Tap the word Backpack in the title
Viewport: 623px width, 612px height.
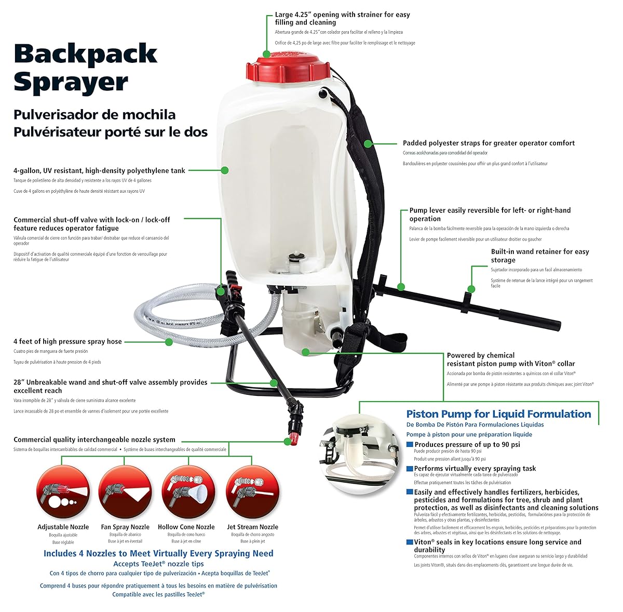(x=86, y=54)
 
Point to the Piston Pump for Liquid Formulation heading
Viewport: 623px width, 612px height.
(x=498, y=414)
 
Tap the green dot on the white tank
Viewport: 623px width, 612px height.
(x=225, y=170)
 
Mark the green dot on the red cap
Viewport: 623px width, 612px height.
(x=266, y=54)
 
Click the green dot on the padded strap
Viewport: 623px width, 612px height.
(x=367, y=143)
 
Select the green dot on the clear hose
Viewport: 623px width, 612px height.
(x=169, y=341)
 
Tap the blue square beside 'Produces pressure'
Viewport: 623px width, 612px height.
(x=410, y=444)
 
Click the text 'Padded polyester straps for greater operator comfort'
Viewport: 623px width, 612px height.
(x=489, y=143)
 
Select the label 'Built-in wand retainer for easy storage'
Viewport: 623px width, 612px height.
(x=540, y=256)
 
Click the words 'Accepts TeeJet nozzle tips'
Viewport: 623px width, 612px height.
(x=158, y=564)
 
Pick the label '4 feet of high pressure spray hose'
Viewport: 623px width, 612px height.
(x=67, y=341)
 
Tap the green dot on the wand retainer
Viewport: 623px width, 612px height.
(x=471, y=289)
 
